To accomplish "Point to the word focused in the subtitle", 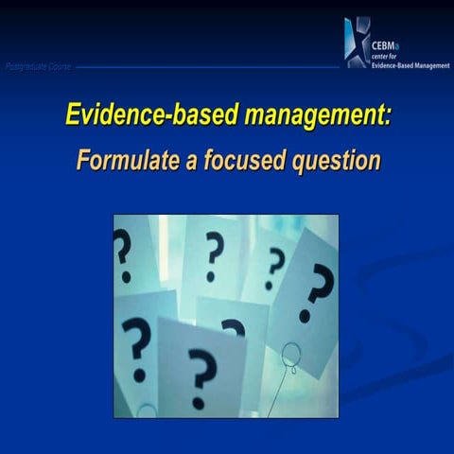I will pos(240,160).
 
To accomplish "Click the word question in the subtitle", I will pos(327,161).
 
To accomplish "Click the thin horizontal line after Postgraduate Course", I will pos(208,67).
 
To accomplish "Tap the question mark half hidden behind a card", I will pos(233,327).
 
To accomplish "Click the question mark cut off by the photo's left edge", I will pos(121,251).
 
